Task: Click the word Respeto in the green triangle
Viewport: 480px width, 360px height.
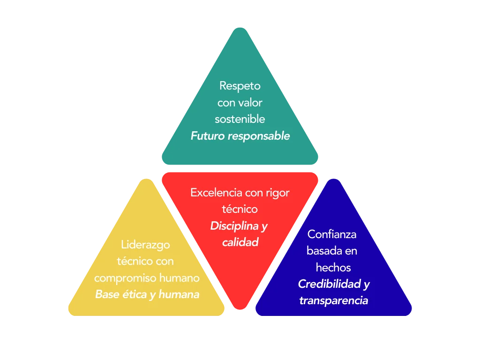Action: tap(240, 86)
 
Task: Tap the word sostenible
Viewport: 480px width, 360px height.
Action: tap(240, 119)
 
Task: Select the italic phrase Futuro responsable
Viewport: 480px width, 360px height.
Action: tap(240, 136)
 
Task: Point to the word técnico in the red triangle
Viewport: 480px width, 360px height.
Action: tap(240, 209)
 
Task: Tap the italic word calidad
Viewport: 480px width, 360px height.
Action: tap(240, 242)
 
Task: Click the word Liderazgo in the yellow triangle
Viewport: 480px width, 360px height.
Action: tap(145, 245)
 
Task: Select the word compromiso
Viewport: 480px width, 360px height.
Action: tap(125, 278)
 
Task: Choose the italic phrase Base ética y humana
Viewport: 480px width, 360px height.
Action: tap(147, 294)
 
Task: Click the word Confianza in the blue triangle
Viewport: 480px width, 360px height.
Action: tap(332, 234)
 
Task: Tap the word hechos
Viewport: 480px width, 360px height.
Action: tap(333, 267)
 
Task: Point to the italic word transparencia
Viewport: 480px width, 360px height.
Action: tap(333, 300)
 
